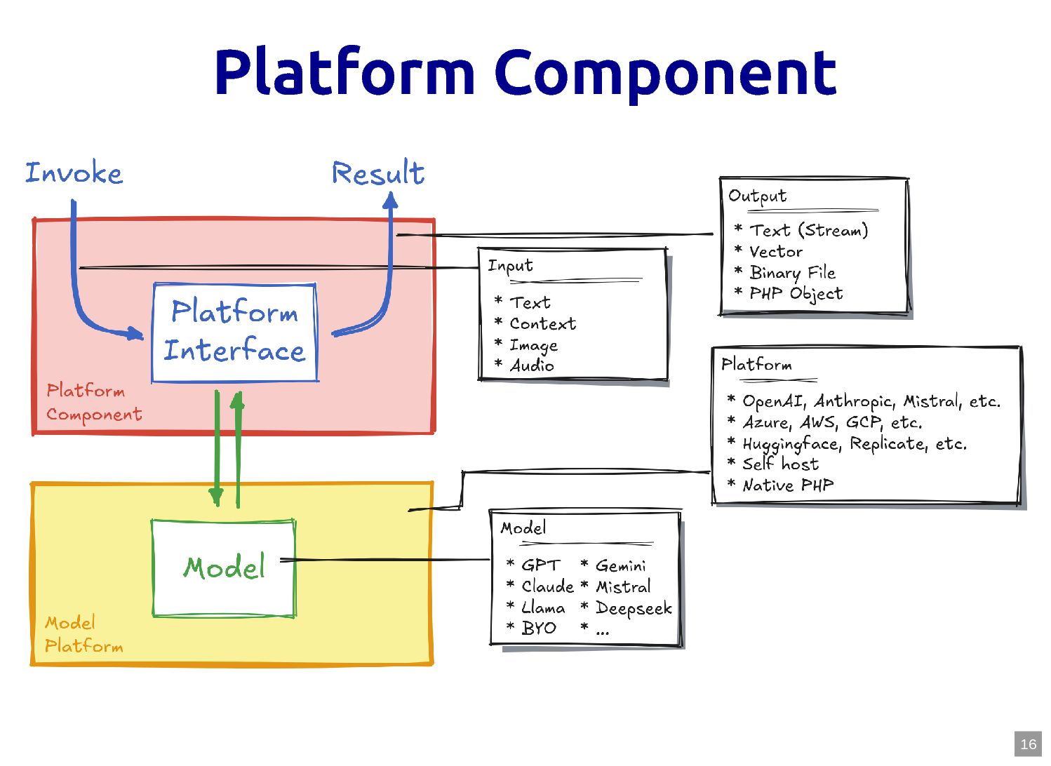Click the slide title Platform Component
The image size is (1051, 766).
(525, 73)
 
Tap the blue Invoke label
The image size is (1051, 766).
(74, 173)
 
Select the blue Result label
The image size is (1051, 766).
(378, 173)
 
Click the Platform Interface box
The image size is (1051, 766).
(235, 332)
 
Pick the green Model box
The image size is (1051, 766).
(224, 568)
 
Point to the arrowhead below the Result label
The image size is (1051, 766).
(391, 201)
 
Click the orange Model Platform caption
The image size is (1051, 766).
(83, 634)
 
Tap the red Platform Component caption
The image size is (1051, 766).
(94, 403)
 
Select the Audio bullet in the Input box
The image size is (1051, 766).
(532, 365)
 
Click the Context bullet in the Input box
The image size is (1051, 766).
(542, 324)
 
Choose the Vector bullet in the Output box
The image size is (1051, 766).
(776, 252)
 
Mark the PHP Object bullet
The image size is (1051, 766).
(796, 294)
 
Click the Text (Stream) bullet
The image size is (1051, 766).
(808, 231)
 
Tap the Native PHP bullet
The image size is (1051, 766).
(788, 485)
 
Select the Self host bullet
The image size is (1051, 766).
(780, 464)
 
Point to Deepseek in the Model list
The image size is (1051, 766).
(634, 608)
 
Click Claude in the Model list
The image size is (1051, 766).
(547, 586)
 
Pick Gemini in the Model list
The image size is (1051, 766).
(620, 565)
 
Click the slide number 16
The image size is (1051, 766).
(1028, 744)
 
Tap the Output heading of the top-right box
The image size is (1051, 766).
(757, 196)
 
